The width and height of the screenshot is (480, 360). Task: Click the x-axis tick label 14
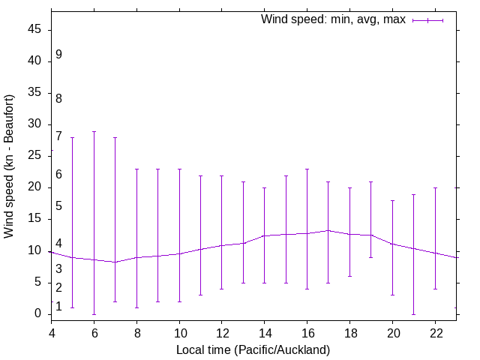(265, 333)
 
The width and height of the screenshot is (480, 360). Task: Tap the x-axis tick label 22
(435, 333)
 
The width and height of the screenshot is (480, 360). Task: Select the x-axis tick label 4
(52, 333)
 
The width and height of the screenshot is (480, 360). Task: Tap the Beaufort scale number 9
(58, 55)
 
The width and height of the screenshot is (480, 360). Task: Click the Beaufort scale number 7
(58, 136)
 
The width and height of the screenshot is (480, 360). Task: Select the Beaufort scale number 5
(58, 206)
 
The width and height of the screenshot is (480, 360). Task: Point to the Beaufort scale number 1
(58, 306)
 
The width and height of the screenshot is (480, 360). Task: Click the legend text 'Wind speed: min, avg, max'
(333, 19)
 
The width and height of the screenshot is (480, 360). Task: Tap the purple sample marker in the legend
(427, 20)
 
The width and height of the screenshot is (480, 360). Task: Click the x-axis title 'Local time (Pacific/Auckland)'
(253, 349)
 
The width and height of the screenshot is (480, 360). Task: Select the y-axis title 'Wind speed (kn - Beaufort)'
(10, 166)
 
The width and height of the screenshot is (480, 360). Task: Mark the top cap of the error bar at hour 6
(94, 131)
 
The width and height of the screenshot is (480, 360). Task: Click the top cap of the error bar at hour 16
(307, 169)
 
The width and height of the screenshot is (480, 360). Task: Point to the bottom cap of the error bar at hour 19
(370, 257)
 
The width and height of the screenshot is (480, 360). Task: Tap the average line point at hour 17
(328, 230)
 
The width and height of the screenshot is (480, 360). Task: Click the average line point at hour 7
(115, 262)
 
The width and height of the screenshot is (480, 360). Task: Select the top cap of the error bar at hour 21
(413, 194)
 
